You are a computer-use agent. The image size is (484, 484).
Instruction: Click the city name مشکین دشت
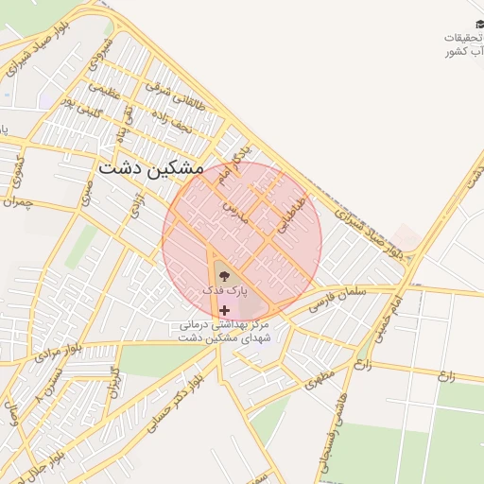[150, 167]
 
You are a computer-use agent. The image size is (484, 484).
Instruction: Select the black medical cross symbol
[224, 310]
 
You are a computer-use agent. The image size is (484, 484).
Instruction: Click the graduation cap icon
[472, 23]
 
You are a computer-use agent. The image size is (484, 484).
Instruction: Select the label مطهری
[320, 381]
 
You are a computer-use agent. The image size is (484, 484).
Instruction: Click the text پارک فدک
[224, 290]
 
